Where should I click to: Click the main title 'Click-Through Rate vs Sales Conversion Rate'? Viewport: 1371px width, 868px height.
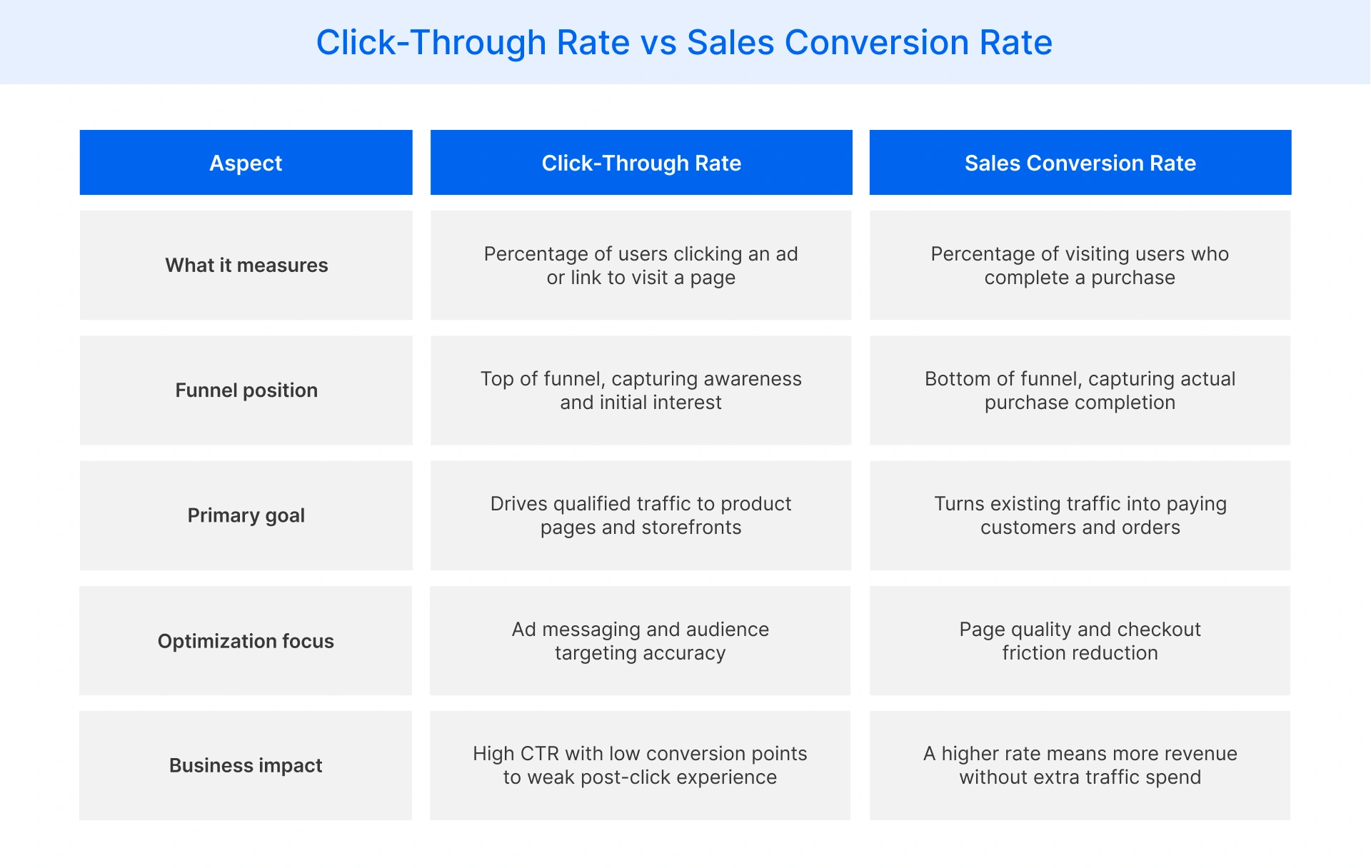pyautogui.click(x=684, y=43)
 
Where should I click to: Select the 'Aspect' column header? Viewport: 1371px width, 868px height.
pyautogui.click(x=246, y=163)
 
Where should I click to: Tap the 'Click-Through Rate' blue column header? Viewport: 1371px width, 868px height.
pyautogui.click(x=641, y=163)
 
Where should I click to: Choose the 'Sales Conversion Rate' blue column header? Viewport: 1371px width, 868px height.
pyautogui.click(x=1080, y=163)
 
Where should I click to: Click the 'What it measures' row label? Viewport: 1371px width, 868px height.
pyautogui.click(x=246, y=266)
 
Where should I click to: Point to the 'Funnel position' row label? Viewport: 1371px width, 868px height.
pyautogui.click(x=246, y=390)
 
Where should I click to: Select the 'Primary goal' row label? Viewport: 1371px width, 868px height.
pyautogui.click(x=246, y=515)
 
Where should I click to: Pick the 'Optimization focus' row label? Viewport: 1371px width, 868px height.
pyautogui.click(x=246, y=641)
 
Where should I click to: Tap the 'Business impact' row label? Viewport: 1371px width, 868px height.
pyautogui.click(x=246, y=765)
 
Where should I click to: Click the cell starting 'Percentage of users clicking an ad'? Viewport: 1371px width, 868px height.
pyautogui.click(x=641, y=266)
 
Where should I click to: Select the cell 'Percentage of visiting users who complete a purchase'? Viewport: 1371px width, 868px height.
pyautogui.click(x=1080, y=266)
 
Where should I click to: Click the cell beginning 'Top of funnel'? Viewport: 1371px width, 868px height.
pyautogui.click(x=641, y=390)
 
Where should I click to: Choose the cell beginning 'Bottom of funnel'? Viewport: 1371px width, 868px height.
pyautogui.click(x=1080, y=390)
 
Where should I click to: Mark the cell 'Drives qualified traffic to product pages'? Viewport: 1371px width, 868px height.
pyautogui.click(x=641, y=515)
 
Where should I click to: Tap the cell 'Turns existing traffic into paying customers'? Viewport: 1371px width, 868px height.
pyautogui.click(x=1080, y=515)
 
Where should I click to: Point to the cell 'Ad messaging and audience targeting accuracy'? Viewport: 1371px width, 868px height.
pyautogui.click(x=641, y=641)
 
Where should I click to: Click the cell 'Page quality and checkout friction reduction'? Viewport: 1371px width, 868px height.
pyautogui.click(x=1080, y=641)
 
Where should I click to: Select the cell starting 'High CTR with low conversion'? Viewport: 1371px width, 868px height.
pyautogui.click(x=641, y=765)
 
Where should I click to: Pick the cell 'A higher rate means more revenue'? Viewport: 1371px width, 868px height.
pyautogui.click(x=1080, y=765)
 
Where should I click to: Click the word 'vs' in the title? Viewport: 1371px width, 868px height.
pyautogui.click(x=658, y=43)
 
